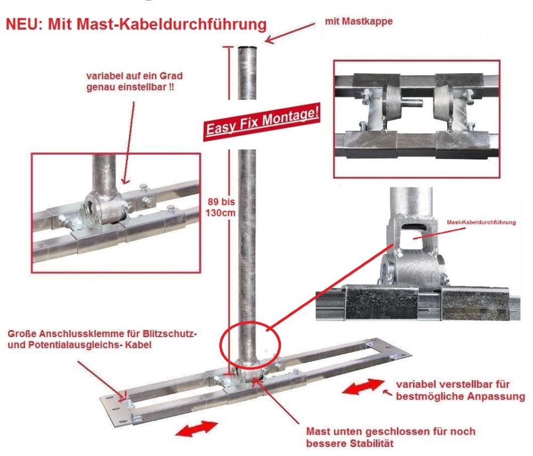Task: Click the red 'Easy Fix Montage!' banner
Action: pos(262,122)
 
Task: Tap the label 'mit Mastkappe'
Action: pos(359,21)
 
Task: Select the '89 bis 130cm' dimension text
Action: pos(221,207)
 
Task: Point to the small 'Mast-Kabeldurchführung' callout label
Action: pos(481,222)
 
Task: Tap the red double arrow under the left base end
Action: pos(197,428)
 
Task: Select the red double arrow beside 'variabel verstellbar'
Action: pos(363,387)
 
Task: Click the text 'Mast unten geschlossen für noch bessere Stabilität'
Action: pos(391,437)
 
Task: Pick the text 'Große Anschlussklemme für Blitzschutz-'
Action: pos(102,333)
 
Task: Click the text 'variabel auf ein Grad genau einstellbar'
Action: pos(134,81)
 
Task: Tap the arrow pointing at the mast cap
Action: pos(290,33)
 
